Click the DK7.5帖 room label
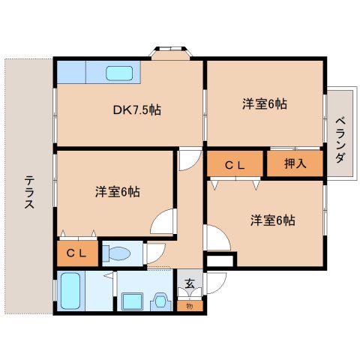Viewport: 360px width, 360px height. point(137,109)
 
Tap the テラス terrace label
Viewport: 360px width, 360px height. point(29,192)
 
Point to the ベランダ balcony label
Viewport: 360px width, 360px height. point(341,140)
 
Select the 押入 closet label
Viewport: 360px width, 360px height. point(295,163)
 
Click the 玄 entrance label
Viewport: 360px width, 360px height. point(190,283)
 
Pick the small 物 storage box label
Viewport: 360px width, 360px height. point(190,306)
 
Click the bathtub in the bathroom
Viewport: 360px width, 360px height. point(70,291)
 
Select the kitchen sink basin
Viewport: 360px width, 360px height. point(119,73)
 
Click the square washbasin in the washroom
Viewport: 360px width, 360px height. point(132,301)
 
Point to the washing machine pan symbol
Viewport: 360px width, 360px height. point(161,301)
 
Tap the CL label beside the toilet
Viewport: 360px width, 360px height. point(76,253)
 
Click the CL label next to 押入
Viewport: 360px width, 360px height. point(235,165)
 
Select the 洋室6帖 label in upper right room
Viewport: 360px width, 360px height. point(265,103)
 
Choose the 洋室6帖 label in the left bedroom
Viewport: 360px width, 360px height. point(117,192)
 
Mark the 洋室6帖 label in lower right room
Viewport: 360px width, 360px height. point(273,220)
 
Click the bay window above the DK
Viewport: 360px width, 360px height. point(171,52)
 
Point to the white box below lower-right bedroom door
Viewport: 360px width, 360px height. point(220,261)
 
